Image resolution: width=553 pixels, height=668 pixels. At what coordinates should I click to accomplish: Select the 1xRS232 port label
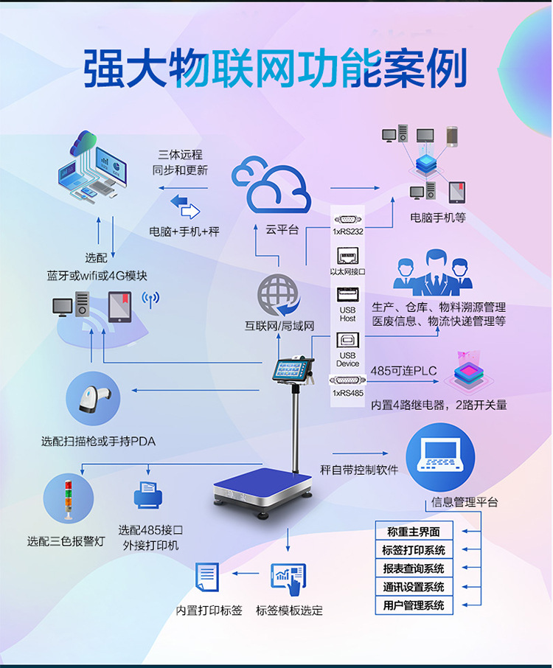pyautogui.click(x=348, y=232)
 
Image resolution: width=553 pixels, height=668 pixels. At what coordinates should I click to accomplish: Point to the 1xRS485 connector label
pyautogui.click(x=348, y=393)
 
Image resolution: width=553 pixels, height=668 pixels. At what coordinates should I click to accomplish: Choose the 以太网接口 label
pyautogui.click(x=347, y=272)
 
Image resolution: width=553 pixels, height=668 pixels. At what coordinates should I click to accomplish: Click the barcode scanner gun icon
pyautogui.click(x=93, y=399)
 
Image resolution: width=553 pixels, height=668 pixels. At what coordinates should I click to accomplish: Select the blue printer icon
pyautogui.click(x=147, y=496)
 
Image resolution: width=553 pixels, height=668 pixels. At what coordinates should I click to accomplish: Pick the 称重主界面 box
pyautogui.click(x=413, y=532)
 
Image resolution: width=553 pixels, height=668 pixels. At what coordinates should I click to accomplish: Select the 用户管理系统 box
pyautogui.click(x=413, y=606)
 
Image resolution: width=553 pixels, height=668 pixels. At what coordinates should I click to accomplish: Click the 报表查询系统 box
pyautogui.click(x=413, y=568)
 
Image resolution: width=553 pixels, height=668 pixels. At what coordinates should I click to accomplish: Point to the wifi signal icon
pyautogui.click(x=150, y=299)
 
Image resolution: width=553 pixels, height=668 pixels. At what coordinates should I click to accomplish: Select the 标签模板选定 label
pyautogui.click(x=289, y=610)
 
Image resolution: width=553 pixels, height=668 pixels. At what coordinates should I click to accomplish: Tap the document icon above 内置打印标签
pyautogui.click(x=207, y=577)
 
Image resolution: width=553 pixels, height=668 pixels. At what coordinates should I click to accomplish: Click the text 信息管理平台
pyautogui.click(x=464, y=502)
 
